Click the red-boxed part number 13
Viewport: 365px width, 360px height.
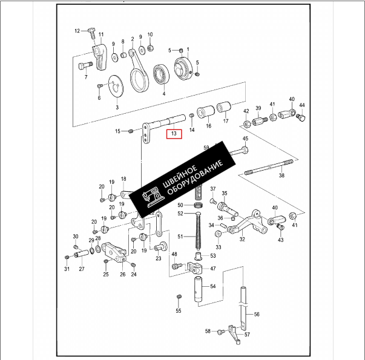pyautogui.click(x=174, y=134)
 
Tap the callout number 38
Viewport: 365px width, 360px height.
pyautogui.click(x=281, y=176)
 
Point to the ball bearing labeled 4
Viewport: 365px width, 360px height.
pyautogui.click(x=162, y=74)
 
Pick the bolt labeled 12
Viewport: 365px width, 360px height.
pyautogui.click(x=90, y=30)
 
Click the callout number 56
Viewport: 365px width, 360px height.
pyautogui.click(x=257, y=315)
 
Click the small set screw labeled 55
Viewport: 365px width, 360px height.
pyautogui.click(x=179, y=296)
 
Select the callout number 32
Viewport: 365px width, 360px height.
pyautogui.click(x=242, y=240)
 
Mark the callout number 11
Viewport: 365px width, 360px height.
pyautogui.click(x=100, y=34)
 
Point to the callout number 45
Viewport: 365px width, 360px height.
pyautogui.click(x=245, y=139)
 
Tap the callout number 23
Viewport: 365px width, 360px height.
pyautogui.click(x=158, y=258)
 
